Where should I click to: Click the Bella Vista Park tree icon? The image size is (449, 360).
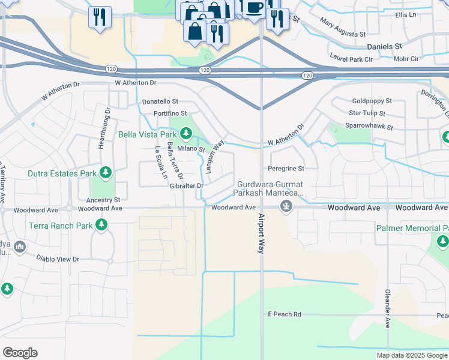pos(185,132)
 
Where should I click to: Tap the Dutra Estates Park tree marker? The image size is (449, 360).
pos(106,173)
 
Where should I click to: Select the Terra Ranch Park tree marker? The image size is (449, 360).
pos(101,225)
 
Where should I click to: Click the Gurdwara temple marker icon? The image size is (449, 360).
pos(286,207)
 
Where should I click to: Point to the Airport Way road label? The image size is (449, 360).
pos(262,233)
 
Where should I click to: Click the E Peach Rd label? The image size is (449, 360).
pos(284,314)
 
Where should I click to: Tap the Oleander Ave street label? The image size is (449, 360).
pos(388,309)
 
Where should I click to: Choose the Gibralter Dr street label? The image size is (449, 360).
pos(187,186)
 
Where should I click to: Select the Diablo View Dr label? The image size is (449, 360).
pos(58,259)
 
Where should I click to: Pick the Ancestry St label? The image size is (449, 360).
pos(104,199)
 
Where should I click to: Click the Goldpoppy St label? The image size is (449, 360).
pos(372,101)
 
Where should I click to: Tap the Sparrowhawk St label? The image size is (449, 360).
pos(369,127)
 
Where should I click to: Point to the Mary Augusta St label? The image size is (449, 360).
pos(343,28)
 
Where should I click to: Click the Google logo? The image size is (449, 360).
pos(20,353)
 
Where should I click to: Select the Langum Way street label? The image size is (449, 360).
pos(215,157)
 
